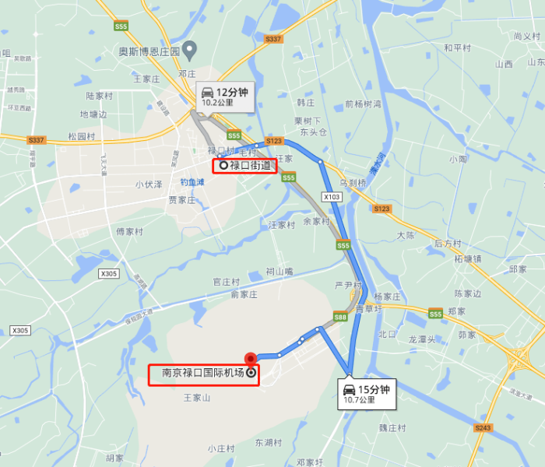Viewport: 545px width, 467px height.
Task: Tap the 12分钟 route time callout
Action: (x=224, y=97)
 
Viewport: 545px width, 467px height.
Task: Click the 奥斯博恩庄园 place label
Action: (x=149, y=52)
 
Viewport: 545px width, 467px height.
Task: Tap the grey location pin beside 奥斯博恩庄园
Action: (x=189, y=51)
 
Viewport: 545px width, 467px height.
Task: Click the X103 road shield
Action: (x=332, y=197)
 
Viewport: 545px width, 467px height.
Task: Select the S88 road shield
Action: (x=340, y=317)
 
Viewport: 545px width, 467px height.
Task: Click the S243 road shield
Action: (x=483, y=428)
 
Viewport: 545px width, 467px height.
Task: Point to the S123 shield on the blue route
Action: (x=273, y=142)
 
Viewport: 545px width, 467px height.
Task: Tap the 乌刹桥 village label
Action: (x=353, y=184)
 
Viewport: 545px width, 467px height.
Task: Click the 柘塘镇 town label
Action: (x=469, y=258)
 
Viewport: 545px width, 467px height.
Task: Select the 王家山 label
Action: (x=197, y=398)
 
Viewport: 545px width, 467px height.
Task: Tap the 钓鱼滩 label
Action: (x=192, y=182)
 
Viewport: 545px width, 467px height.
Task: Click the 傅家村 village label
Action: (x=130, y=232)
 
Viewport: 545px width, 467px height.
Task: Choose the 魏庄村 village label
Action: (x=392, y=428)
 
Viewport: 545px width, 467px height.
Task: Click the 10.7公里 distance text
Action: (x=360, y=401)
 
